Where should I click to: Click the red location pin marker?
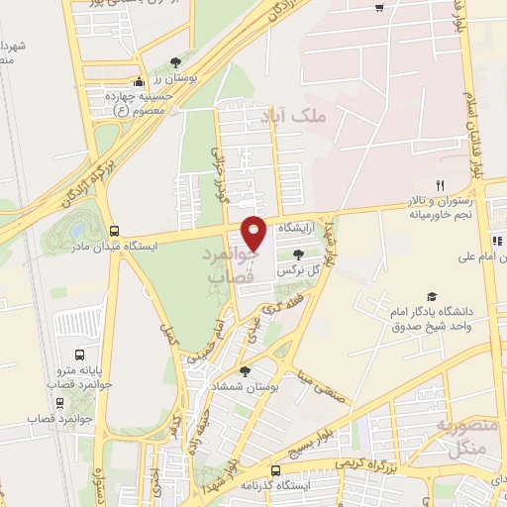(x=254, y=232)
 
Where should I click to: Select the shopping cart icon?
(x=380, y=9)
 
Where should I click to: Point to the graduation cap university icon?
(x=431, y=296)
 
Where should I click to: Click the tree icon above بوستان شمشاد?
(x=245, y=371)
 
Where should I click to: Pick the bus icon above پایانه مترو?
(x=79, y=354)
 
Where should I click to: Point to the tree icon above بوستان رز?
(x=176, y=61)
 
